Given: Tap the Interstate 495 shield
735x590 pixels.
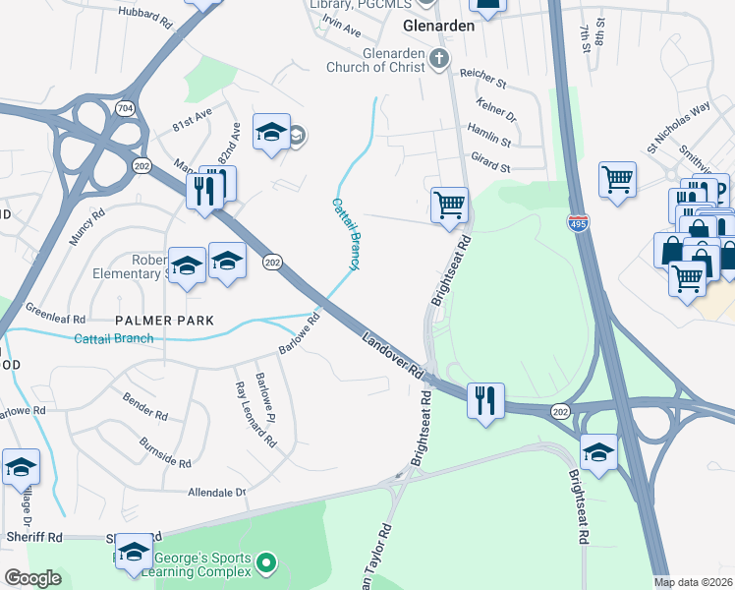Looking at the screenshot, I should click(x=579, y=225).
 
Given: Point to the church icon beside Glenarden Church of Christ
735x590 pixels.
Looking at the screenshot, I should click(x=439, y=60).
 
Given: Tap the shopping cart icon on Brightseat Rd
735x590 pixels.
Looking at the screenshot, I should click(x=449, y=206).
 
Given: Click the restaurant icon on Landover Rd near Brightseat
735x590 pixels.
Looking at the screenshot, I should click(x=485, y=400).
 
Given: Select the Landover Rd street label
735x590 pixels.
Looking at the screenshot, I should click(x=391, y=356).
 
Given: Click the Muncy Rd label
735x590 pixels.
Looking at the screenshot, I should click(x=86, y=225).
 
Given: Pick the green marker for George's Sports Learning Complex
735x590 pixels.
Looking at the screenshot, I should click(x=265, y=563).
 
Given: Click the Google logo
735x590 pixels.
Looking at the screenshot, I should click(x=32, y=578).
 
